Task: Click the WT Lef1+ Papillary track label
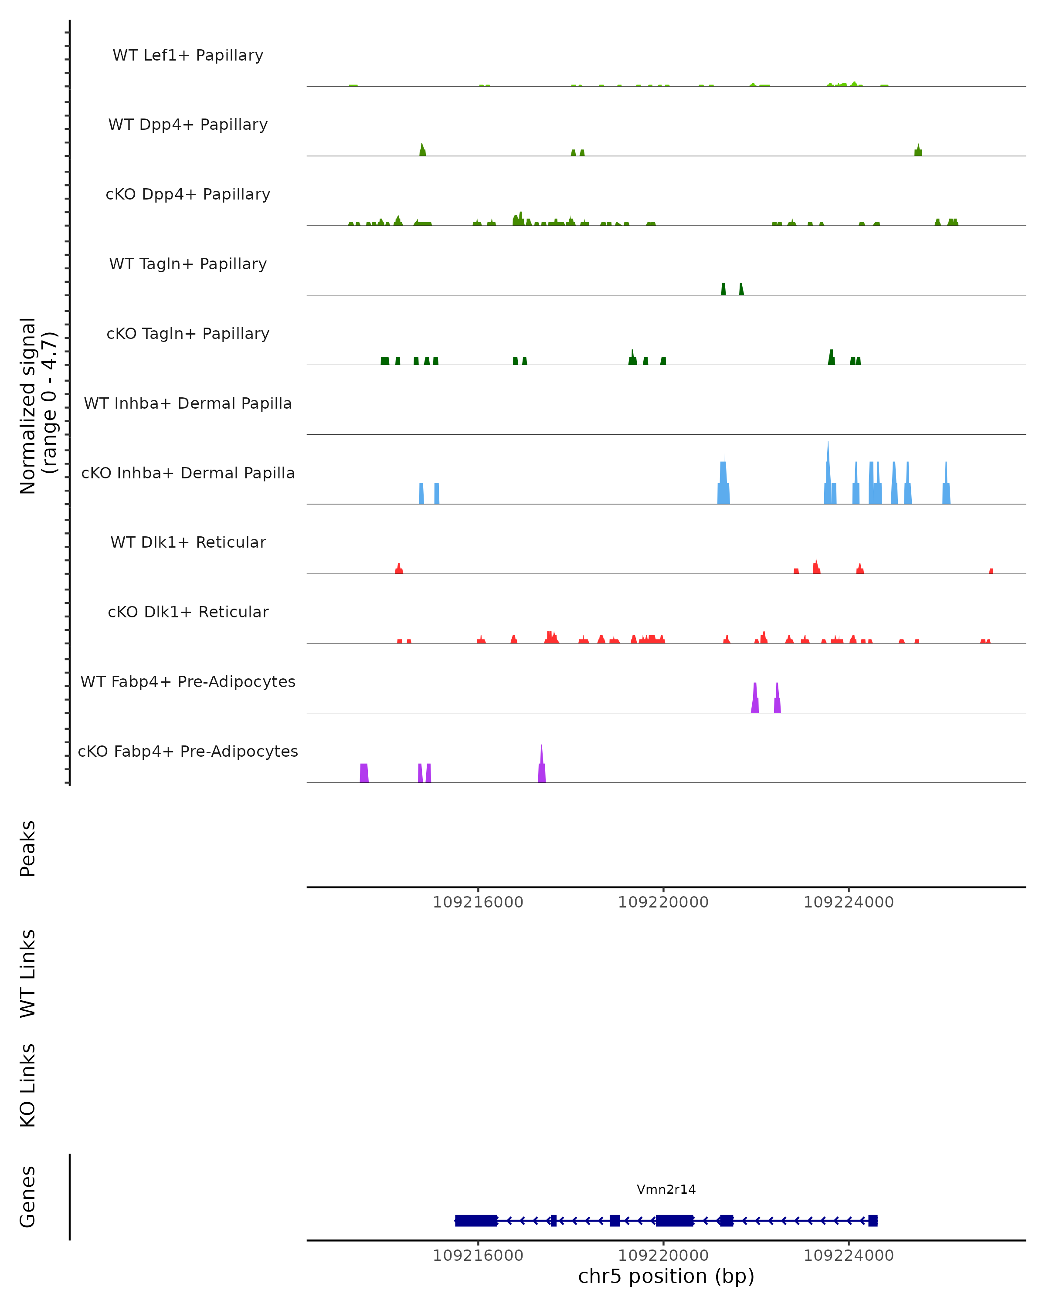[x=188, y=55]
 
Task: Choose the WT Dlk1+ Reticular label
[x=188, y=542]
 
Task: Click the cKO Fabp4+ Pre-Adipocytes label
[x=188, y=751]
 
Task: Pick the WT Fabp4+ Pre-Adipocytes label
[x=188, y=681]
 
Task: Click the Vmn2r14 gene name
[x=666, y=1189]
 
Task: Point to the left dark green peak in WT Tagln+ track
[x=723, y=289]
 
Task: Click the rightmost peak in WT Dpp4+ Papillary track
[x=918, y=151]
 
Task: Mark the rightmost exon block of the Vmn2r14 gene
[x=873, y=1220]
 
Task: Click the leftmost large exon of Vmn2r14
[x=476, y=1220]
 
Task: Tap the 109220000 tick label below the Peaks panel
[x=663, y=902]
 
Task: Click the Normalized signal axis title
[x=37, y=406]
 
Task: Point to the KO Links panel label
[x=28, y=1085]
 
